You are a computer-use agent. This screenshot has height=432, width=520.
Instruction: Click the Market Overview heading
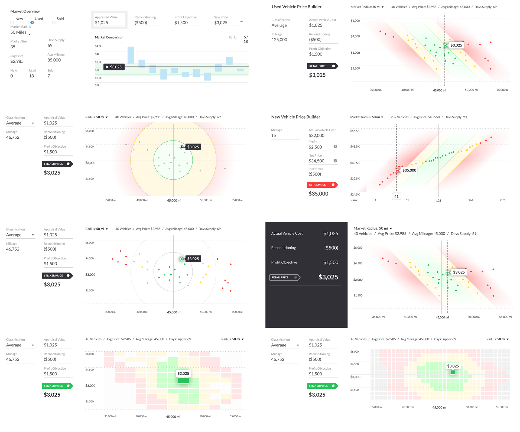[x=25, y=11]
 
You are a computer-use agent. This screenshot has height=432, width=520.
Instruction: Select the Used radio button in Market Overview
[x=32, y=22]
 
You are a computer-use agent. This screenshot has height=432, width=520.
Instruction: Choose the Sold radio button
[x=54, y=22]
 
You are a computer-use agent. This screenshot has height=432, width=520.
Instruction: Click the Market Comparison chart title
[x=109, y=37]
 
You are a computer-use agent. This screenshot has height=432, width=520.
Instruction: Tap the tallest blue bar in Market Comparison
[x=131, y=55]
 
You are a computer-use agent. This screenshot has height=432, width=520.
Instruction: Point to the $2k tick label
[x=97, y=85]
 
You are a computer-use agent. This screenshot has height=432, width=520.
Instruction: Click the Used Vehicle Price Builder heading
[x=297, y=7]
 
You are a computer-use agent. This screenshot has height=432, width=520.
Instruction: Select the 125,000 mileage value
[x=279, y=40]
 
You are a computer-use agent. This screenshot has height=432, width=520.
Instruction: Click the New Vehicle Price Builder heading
[x=296, y=117]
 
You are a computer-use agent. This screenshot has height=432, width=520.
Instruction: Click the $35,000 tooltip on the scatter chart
[x=409, y=170]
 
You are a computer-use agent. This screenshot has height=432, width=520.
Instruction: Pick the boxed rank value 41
[x=396, y=197]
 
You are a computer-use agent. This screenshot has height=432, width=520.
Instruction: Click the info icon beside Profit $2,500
[x=335, y=147]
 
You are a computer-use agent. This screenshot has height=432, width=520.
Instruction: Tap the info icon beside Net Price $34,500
[x=335, y=161]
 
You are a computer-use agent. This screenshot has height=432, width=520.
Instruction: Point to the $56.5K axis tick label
[x=355, y=131]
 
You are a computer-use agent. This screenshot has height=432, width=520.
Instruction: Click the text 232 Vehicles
[x=399, y=117]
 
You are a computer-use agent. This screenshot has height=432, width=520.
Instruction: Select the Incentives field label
[x=316, y=169]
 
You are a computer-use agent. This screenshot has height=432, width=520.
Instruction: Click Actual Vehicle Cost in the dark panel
[x=287, y=233]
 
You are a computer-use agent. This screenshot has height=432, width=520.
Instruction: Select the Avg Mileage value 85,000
[x=54, y=60]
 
